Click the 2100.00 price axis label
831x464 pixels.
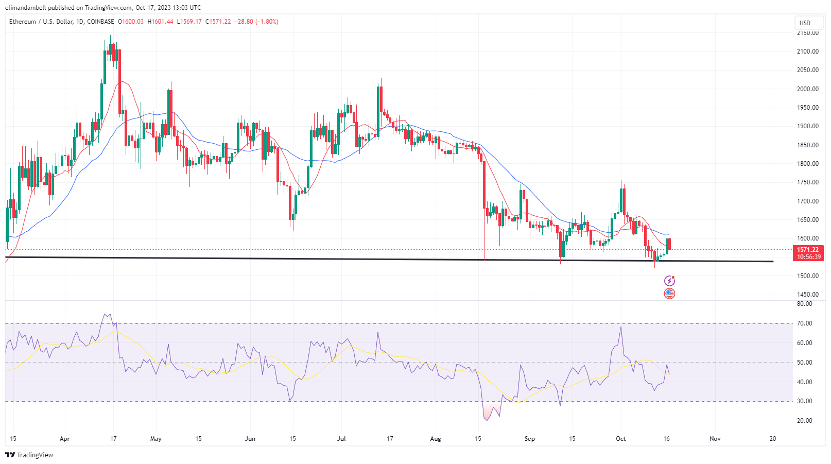pyautogui.click(x=807, y=51)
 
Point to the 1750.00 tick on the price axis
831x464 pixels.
pyautogui.click(x=807, y=182)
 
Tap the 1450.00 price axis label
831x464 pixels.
pyautogui.click(x=807, y=295)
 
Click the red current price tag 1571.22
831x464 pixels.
pyautogui.click(x=808, y=250)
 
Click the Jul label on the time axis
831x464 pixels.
pyautogui.click(x=341, y=439)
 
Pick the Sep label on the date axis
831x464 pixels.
pyautogui.click(x=529, y=439)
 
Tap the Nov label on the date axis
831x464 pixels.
pyautogui.click(x=715, y=439)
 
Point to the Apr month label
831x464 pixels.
pyautogui.click(x=64, y=439)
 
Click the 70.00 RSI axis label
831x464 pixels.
pyautogui.click(x=804, y=323)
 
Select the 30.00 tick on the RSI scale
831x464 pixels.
pyautogui.click(x=804, y=401)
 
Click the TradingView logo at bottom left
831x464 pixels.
pyautogui.click(x=29, y=455)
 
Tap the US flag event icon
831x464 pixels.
pyautogui.click(x=669, y=294)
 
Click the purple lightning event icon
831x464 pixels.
pyautogui.click(x=669, y=281)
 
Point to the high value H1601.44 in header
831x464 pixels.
pyautogui.click(x=160, y=22)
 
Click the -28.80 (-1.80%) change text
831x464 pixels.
pyautogui.click(x=256, y=22)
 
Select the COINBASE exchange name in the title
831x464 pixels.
pyautogui.click(x=101, y=22)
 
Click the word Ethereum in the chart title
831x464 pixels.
pyautogui.click(x=23, y=22)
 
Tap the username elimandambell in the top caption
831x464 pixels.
pyautogui.click(x=25, y=8)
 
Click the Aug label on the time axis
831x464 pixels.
pyautogui.click(x=436, y=439)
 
